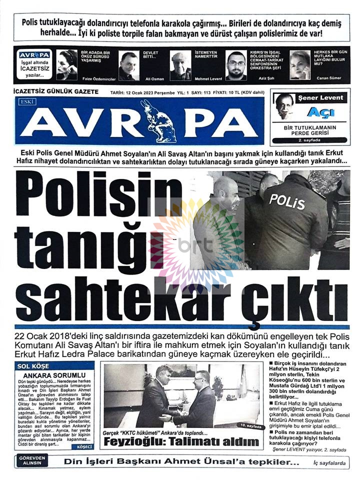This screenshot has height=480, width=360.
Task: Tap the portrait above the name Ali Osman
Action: [128, 65]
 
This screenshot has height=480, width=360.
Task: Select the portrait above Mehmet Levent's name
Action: [180, 65]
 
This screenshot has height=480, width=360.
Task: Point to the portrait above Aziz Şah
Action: [236, 65]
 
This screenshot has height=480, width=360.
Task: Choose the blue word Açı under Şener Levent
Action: [320, 112]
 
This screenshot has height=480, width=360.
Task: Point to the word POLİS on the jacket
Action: [287, 202]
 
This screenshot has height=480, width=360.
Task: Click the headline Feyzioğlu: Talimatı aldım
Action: [181, 441]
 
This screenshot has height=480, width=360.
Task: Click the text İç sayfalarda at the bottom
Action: [328, 463]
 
